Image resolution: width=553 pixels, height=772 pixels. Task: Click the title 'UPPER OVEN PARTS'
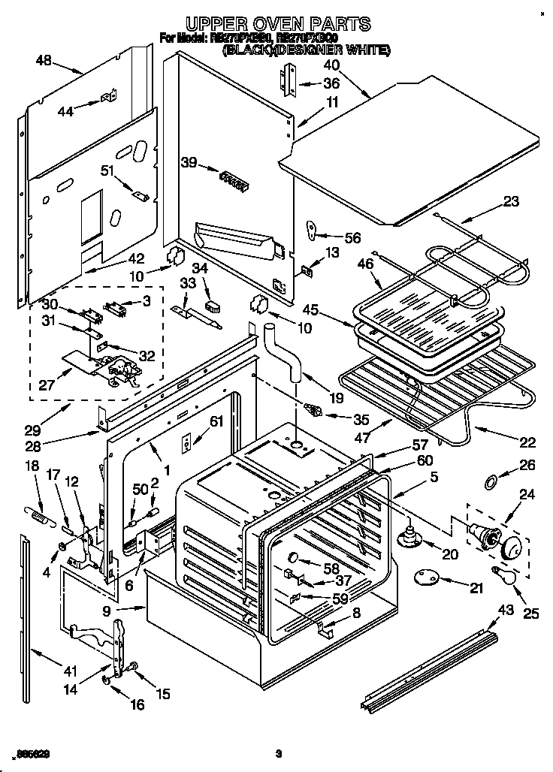pyautogui.click(x=278, y=24)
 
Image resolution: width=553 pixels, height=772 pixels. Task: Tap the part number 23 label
pyautogui.click(x=511, y=201)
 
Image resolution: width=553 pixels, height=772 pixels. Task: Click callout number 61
pyautogui.click(x=216, y=421)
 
